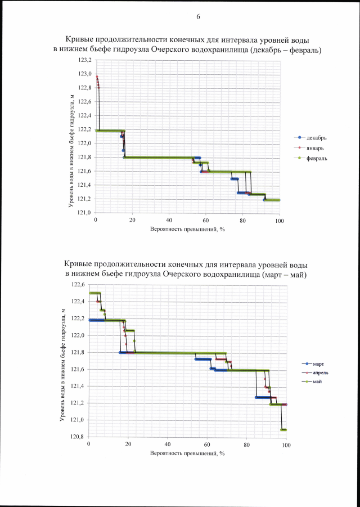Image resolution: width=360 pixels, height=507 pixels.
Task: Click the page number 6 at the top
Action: pyautogui.click(x=198, y=16)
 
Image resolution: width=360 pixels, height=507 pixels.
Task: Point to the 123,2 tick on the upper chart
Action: pyautogui.click(x=84, y=60)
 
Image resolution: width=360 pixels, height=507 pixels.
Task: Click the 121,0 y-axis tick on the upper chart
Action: pyautogui.click(x=84, y=213)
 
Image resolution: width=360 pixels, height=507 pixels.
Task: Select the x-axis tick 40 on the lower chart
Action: pyautogui.click(x=168, y=445)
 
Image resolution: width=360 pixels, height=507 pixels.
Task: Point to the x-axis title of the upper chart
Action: pyautogui.click(x=187, y=230)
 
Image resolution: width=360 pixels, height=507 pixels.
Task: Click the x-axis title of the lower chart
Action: pyautogui.click(x=187, y=453)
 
